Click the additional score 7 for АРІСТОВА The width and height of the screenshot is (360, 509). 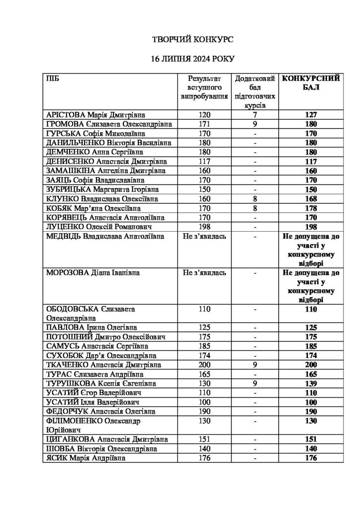pos(255,114)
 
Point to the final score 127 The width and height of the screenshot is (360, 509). pos(311,114)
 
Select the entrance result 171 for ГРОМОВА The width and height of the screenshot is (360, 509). pos(204,124)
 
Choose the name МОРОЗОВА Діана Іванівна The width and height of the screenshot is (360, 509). pos(92,274)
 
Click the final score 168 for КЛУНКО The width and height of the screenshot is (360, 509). pos(311,199)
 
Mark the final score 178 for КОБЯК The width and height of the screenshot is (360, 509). pos(311,208)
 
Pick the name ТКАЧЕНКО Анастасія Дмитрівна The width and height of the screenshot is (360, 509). pos(103,365)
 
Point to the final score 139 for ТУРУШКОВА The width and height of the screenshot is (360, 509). pos(311,384)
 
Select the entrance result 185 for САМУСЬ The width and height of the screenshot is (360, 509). pos(204,346)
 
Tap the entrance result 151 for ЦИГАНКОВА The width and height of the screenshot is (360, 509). pos(204,439)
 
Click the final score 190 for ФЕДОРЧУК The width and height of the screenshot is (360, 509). pos(311,412)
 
